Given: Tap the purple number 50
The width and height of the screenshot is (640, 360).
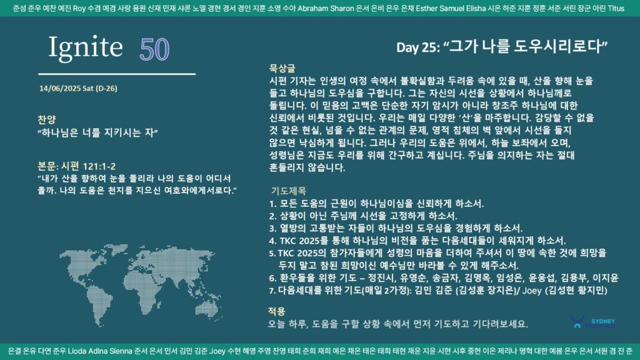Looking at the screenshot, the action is [154, 50].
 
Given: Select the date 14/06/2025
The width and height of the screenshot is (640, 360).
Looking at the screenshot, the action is [59, 89].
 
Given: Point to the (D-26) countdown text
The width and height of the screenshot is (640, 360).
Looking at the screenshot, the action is [106, 89].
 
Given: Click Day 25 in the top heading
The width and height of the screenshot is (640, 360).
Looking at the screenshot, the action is [417, 47].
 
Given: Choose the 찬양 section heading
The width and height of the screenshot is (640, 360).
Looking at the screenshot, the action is [46, 119].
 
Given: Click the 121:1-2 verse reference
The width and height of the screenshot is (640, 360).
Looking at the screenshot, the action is [99, 166].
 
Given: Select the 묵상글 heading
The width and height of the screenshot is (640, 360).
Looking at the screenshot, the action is [282, 69].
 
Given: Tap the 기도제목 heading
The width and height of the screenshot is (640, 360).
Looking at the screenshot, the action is [288, 191].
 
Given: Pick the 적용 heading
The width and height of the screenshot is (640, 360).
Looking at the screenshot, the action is [276, 311].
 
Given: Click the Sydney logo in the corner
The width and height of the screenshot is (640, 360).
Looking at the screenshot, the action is [593, 322].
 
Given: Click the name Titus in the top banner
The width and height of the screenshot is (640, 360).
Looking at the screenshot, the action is [616, 9].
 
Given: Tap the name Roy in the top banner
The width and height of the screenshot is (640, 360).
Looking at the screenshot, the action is [79, 9].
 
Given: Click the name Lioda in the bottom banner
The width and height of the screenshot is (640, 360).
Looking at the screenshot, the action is [77, 351].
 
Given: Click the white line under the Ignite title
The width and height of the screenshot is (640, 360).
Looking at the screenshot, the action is [117, 74].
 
